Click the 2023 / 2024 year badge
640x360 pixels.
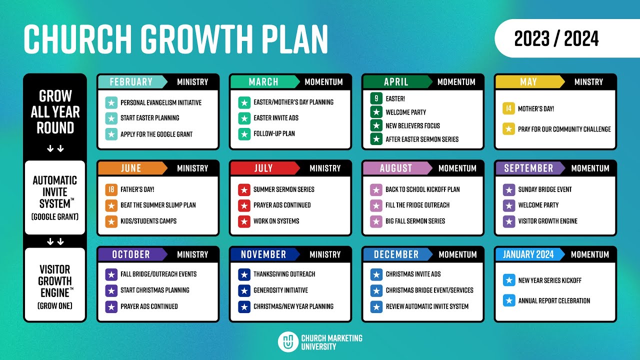(556, 38)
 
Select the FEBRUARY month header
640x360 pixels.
(131, 82)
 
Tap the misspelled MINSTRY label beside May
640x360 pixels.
(588, 82)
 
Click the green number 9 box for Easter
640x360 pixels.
(376, 98)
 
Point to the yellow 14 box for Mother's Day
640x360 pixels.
(508, 108)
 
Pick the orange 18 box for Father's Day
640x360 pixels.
(111, 189)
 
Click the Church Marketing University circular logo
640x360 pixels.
(288, 342)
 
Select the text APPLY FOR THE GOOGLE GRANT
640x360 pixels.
(156, 134)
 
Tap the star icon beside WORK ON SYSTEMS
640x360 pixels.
(244, 221)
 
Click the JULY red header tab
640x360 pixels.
(263, 168)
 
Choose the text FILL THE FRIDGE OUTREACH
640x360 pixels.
(417, 205)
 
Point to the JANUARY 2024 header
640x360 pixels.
(528, 254)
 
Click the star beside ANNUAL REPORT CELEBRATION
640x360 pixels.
(508, 300)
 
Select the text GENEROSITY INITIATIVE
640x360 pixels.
(280, 290)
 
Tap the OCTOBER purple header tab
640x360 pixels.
(131, 254)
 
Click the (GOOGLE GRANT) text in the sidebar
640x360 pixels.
(55, 217)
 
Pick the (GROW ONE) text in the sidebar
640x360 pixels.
(55, 305)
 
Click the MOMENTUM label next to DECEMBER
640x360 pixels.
(457, 254)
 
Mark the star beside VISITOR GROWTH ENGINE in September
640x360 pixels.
(508, 221)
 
